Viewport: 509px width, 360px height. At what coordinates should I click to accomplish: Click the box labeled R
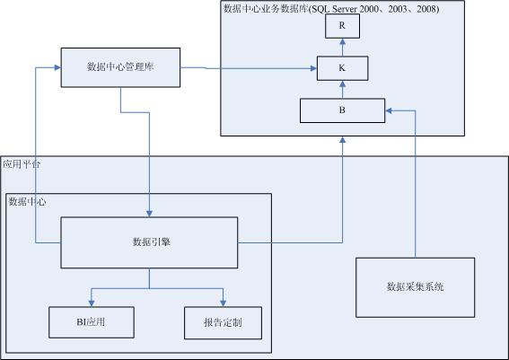[342, 26]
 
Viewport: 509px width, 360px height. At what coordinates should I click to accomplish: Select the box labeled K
[342, 68]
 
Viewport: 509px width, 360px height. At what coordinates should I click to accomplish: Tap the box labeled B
[342, 110]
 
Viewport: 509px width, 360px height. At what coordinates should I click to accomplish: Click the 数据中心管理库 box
[120, 67]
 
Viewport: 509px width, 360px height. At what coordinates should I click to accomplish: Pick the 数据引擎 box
[149, 242]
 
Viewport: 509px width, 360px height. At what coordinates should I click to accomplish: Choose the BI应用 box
[92, 322]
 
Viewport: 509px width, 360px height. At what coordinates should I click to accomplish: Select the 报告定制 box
[223, 323]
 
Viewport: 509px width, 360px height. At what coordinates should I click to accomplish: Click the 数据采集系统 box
[415, 287]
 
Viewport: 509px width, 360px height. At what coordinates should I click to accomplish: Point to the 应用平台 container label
[22, 164]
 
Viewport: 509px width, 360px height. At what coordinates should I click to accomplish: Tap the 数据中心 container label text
[27, 202]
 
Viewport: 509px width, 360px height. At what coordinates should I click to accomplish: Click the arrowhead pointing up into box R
[342, 41]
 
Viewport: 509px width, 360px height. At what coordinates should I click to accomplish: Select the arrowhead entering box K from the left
[313, 68]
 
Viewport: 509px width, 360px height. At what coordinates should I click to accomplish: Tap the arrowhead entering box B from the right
[389, 110]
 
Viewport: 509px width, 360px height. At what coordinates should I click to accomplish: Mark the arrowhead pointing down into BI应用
[92, 303]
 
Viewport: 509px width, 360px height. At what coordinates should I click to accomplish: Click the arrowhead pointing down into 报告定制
[223, 303]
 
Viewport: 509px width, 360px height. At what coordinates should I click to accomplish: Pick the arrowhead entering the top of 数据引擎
[149, 214]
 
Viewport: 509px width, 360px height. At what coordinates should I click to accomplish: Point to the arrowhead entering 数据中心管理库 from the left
[57, 67]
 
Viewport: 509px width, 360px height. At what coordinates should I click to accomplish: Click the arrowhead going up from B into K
[342, 84]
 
